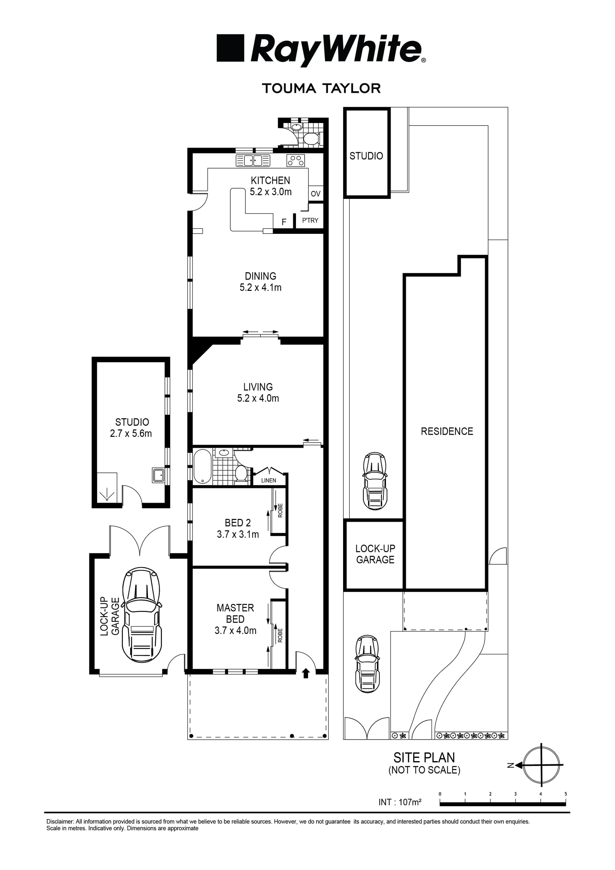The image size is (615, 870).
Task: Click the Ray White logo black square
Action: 230,48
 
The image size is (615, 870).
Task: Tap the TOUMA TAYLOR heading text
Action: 321,88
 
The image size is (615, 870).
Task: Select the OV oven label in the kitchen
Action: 316,193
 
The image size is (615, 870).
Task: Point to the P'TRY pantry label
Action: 310,220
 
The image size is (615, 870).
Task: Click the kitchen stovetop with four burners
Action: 296,161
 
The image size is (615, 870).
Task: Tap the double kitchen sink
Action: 253,161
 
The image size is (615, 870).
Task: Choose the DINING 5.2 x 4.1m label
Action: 260,282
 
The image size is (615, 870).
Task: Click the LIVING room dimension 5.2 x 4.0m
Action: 258,398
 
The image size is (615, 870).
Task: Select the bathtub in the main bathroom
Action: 202,466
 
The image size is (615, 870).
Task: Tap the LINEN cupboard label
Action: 269,480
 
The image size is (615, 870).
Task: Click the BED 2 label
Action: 238,523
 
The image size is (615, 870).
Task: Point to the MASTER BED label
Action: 235,613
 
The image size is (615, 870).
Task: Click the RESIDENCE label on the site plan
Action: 447,431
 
